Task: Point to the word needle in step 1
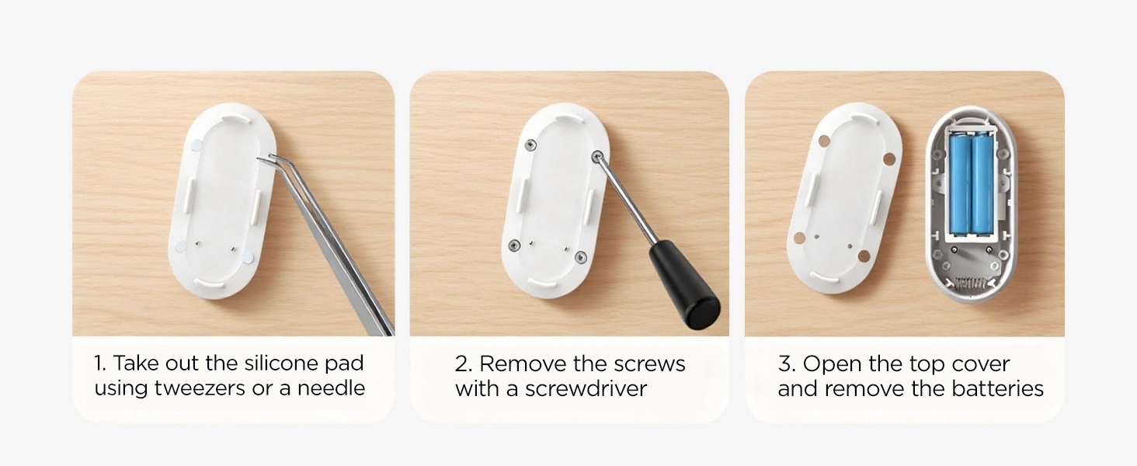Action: (332, 388)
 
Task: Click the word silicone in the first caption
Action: (280, 363)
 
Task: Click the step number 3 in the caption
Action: (785, 363)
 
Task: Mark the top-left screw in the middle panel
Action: (530, 144)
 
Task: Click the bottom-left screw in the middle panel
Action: (513, 245)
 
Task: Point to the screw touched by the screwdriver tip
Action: (597, 155)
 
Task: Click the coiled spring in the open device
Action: (971, 283)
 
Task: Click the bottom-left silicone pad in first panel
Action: (180, 245)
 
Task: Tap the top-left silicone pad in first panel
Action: (196, 145)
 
